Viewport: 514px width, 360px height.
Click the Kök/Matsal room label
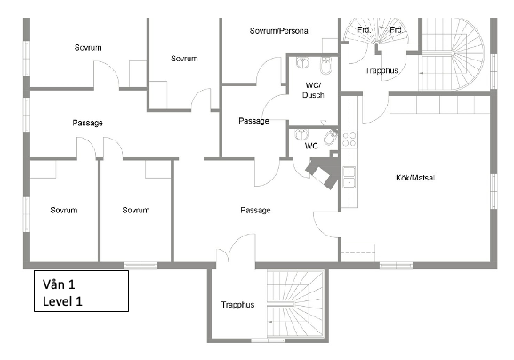[415, 178]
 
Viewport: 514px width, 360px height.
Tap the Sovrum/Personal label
[279, 31]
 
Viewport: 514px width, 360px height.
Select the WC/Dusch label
[313, 90]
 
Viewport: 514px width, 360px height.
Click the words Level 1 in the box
[62, 301]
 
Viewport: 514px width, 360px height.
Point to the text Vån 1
[59, 284]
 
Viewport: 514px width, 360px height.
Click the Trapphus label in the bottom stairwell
[237, 305]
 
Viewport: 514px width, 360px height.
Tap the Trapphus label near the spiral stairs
[381, 70]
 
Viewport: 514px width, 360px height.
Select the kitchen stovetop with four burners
[349, 140]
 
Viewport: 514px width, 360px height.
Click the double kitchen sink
[349, 177]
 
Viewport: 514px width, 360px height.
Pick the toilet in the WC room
[331, 138]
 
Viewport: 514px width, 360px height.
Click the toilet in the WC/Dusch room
[326, 66]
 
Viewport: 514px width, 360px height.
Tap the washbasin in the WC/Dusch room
[302, 62]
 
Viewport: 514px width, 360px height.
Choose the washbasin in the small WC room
[301, 134]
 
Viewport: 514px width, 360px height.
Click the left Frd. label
[365, 30]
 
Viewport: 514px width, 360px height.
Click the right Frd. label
[396, 30]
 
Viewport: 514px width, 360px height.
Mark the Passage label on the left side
[87, 123]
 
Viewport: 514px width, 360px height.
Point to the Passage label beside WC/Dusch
[253, 121]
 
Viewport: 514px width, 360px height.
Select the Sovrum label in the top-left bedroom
[88, 47]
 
